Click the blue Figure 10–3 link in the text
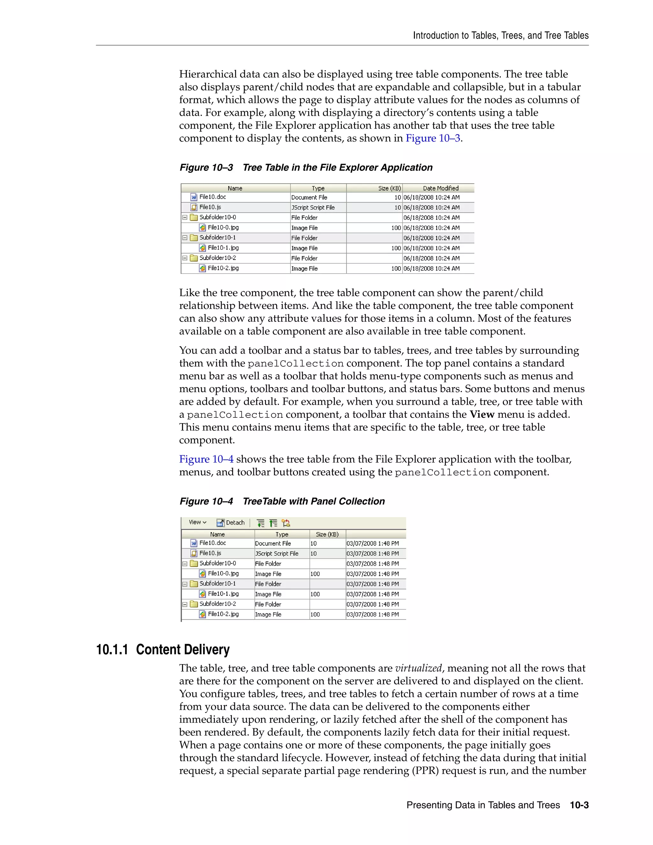(x=432, y=138)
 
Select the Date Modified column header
(x=440, y=188)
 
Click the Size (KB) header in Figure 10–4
(x=327, y=534)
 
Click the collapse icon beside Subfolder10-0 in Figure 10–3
(x=185, y=217)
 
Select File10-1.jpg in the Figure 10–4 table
(x=223, y=593)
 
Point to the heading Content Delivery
(x=183, y=650)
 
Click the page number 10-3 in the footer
(x=579, y=805)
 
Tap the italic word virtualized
(x=418, y=668)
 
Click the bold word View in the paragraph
(x=482, y=415)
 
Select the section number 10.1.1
(x=112, y=650)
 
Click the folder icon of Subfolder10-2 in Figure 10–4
(x=194, y=604)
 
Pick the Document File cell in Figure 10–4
(x=273, y=543)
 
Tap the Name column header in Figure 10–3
(x=235, y=188)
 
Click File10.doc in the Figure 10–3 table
(x=212, y=197)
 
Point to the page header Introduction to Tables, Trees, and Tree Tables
(x=501, y=36)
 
